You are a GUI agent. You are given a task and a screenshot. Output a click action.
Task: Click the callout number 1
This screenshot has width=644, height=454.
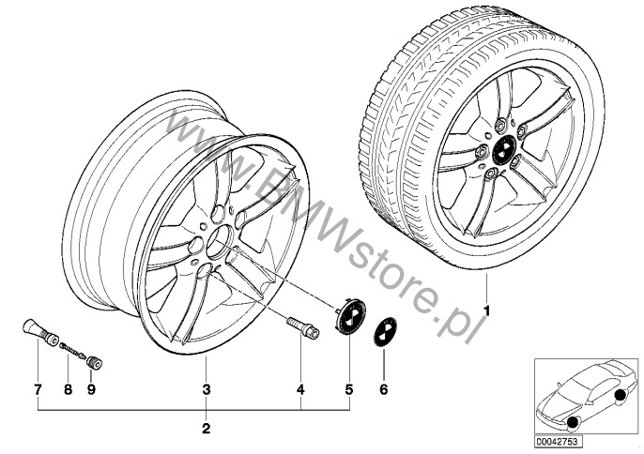pyautogui.click(x=486, y=311)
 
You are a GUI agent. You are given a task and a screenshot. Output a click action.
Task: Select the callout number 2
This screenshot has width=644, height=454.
pyautogui.click(x=207, y=429)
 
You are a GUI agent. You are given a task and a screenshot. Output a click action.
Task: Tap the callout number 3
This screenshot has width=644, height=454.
pyautogui.click(x=207, y=389)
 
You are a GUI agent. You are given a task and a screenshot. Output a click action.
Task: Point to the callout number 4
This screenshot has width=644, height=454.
pyautogui.click(x=300, y=389)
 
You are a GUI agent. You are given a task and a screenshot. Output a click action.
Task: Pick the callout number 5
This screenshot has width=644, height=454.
pyautogui.click(x=349, y=389)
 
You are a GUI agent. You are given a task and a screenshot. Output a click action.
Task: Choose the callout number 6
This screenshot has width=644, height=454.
pyautogui.click(x=384, y=389)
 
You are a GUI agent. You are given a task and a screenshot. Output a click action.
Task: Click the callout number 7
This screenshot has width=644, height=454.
pyautogui.click(x=38, y=389)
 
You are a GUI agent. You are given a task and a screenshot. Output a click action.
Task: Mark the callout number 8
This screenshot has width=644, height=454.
pyautogui.click(x=69, y=389)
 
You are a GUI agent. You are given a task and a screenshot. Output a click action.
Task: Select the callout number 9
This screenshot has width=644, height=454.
pyautogui.click(x=91, y=389)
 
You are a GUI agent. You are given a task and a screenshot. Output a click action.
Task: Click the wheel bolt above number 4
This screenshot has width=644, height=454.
pyautogui.click(x=303, y=328)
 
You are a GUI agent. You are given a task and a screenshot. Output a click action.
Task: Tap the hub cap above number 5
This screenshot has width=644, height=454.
pyautogui.click(x=349, y=316)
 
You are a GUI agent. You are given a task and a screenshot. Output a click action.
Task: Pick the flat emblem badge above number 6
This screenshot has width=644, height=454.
pyautogui.click(x=385, y=332)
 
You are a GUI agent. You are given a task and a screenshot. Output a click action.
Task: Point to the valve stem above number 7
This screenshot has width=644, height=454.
pyautogui.click(x=39, y=332)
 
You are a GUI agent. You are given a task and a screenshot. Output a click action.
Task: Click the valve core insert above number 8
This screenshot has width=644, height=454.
pyautogui.click(x=73, y=350)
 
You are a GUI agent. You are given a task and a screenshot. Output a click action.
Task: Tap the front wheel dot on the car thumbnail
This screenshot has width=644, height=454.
pyautogui.click(x=572, y=423)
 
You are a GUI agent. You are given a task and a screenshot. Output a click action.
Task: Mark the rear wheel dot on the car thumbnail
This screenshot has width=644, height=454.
pyautogui.click(x=621, y=395)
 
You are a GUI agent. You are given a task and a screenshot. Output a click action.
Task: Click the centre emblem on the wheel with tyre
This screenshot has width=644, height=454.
pyautogui.click(x=503, y=150)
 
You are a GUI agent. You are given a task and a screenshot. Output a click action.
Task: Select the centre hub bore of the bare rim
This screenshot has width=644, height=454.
pyautogui.click(x=220, y=243)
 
